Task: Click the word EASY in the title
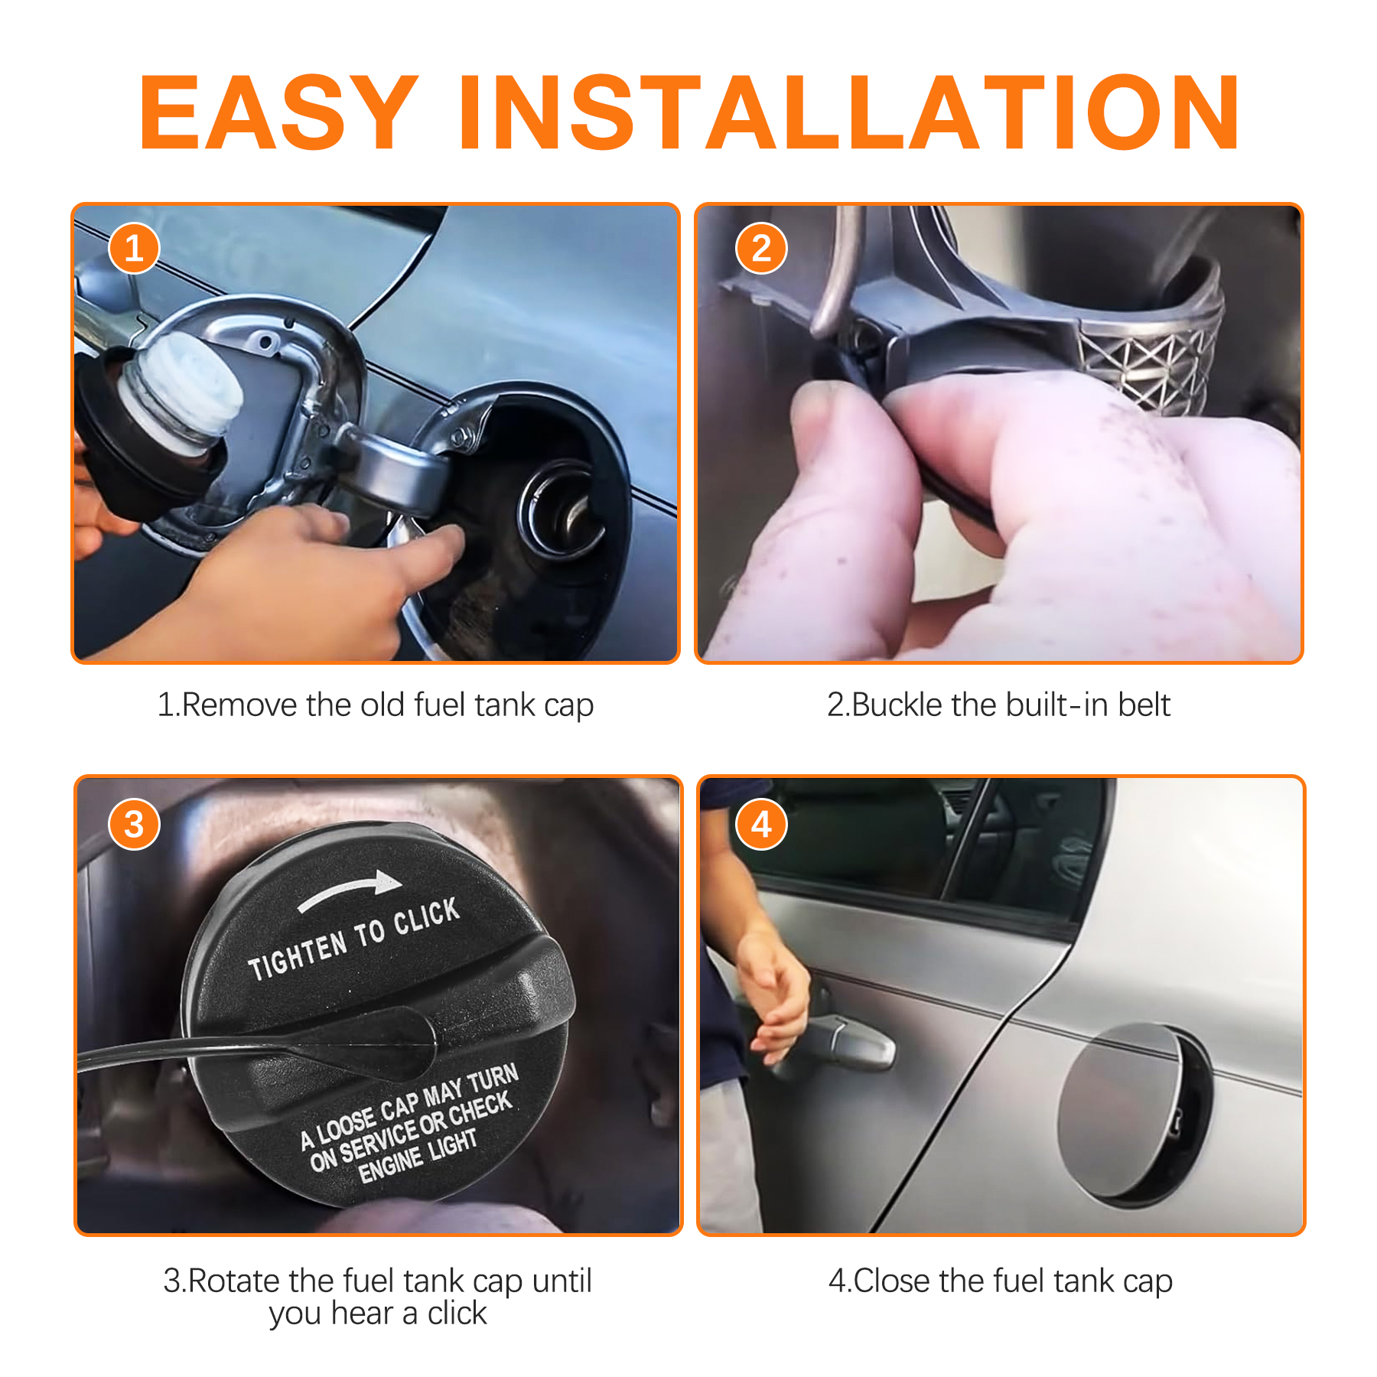tap(278, 113)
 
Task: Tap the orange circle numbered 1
tap(134, 249)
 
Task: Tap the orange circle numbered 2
tap(761, 249)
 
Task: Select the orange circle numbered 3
tap(134, 825)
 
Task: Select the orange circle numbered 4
tap(761, 825)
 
